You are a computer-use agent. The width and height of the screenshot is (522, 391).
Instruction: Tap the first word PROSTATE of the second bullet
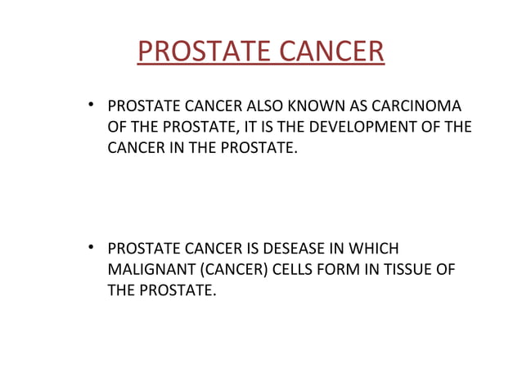pyautogui.click(x=140, y=249)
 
